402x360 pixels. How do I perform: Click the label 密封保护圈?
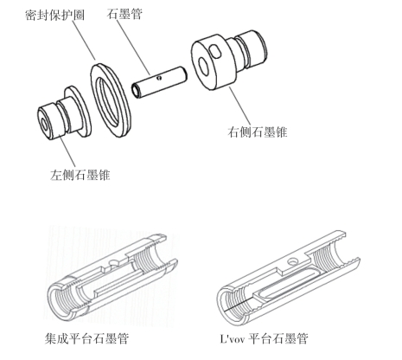pyautogui.click(x=54, y=15)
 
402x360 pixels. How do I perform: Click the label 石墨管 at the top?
pyautogui.click(x=124, y=14)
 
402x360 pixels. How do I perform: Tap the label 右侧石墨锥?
pyautogui.click(x=258, y=132)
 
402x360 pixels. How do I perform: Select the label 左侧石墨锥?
pyautogui.click(x=80, y=175)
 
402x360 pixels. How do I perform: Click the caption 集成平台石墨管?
pyautogui.click(x=86, y=338)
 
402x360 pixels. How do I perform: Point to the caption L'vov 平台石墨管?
pyautogui.click(x=264, y=338)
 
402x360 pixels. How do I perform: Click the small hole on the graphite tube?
pyautogui.click(x=159, y=77)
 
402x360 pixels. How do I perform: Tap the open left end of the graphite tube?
pyautogui.click(x=136, y=90)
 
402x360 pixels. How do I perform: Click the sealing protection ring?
pyautogui.click(x=111, y=100)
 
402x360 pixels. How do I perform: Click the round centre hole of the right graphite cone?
pyautogui.click(x=203, y=66)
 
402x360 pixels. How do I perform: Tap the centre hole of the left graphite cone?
pyautogui.click(x=44, y=125)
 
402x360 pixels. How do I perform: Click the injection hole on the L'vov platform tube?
pyautogui.click(x=293, y=261)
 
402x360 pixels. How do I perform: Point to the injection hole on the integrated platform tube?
pyautogui.click(x=114, y=262)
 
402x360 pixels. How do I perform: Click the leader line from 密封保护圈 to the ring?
pyautogui.click(x=83, y=40)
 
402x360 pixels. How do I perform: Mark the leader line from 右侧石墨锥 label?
pyautogui.click(x=240, y=106)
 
